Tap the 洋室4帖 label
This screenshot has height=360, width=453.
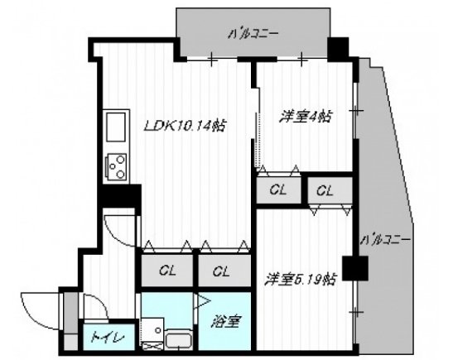(306, 118)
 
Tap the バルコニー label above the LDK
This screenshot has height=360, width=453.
(253, 34)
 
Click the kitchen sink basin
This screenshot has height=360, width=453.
(115, 130)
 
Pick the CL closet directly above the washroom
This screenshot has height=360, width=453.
(168, 269)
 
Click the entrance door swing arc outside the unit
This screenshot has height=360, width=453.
(40, 310)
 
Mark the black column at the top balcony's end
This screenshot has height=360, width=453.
(339, 49)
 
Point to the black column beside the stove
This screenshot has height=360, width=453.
(117, 199)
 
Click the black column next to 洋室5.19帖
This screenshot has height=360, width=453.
(354, 269)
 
